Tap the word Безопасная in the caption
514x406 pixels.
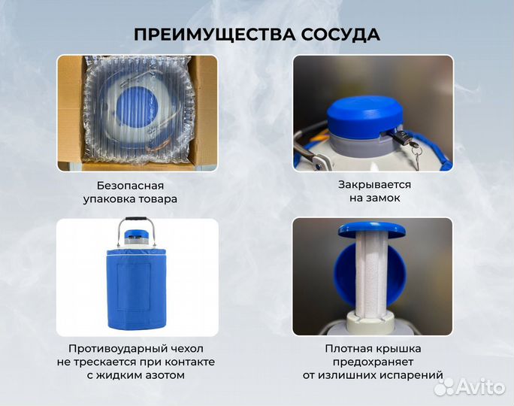tap(130, 185)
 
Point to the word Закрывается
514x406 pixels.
tap(373, 184)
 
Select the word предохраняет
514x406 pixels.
tap(373, 362)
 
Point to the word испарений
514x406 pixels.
tap(413, 375)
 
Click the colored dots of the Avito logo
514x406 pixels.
tap(445, 386)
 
